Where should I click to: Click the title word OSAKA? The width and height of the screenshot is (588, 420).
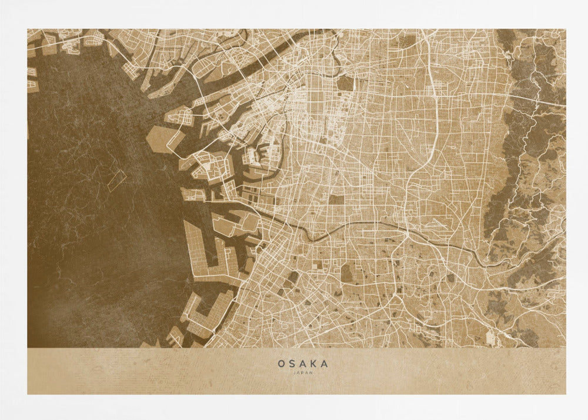pyautogui.click(x=303, y=364)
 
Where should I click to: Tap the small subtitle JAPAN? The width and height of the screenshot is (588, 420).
pyautogui.click(x=303, y=372)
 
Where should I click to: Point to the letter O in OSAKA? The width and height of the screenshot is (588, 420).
pyautogui.click(x=282, y=364)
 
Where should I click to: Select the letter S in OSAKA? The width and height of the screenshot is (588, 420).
pyautogui.click(x=292, y=364)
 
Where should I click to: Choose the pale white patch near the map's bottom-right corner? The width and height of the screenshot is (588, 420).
pyautogui.click(x=490, y=336)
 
